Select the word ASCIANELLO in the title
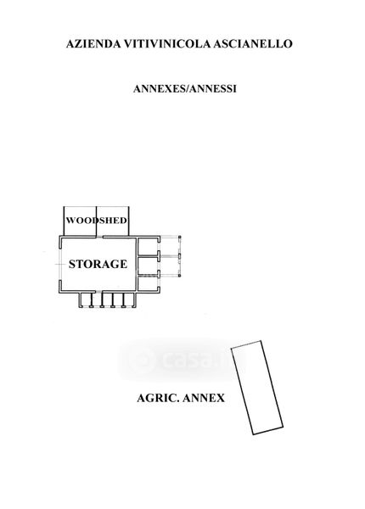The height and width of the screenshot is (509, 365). (253, 43)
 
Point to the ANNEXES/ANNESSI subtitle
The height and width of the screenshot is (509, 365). (185, 88)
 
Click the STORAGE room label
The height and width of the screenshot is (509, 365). (98, 264)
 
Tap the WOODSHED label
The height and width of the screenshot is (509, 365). (97, 221)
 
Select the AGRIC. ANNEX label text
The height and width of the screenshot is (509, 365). (181, 398)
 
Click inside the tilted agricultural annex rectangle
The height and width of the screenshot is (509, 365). (257, 388)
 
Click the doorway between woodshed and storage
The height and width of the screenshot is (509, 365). (99, 237)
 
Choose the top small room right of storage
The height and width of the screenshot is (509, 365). (148, 247)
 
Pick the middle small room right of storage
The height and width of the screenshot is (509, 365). (148, 266)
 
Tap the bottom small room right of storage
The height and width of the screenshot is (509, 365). (148, 283)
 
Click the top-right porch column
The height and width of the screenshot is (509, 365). (180, 238)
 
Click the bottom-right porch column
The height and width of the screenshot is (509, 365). (180, 275)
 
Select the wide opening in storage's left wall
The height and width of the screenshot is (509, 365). (60, 264)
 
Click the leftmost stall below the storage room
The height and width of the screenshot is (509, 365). (86, 299)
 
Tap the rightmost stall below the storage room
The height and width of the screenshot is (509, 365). (129, 299)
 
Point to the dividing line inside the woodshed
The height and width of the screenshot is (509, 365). (97, 221)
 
